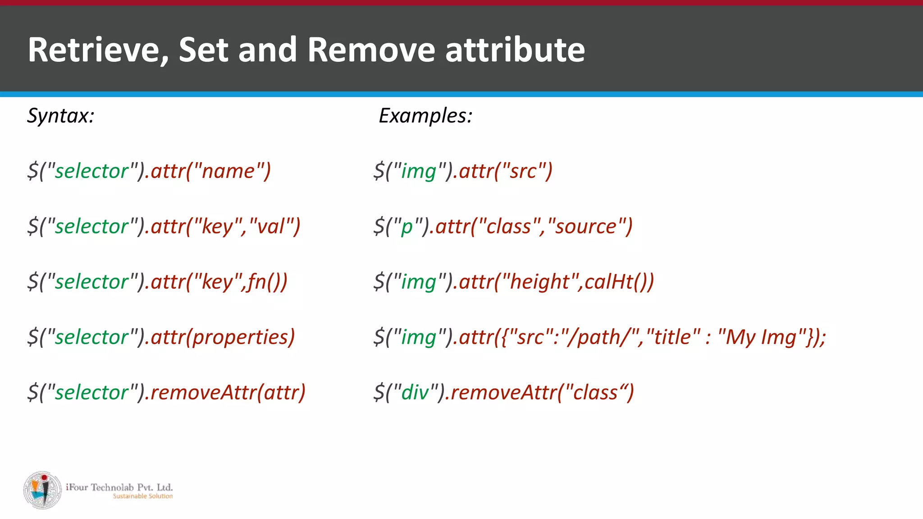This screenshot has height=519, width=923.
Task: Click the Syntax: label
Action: pyautogui.click(x=61, y=116)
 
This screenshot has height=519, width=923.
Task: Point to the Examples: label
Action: pyautogui.click(x=425, y=116)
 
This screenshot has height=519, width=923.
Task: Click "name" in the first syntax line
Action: pyautogui.click(x=228, y=171)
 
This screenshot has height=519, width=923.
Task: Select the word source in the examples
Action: pyautogui.click(x=585, y=226)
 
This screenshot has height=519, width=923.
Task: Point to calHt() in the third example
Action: pyautogui.click(x=615, y=282)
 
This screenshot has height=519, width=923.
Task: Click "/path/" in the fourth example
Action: pyautogui.click(x=602, y=337)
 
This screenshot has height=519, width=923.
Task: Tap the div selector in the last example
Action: pyautogui.click(x=415, y=392)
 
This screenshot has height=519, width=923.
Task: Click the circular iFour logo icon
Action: pyautogui.click(x=42, y=490)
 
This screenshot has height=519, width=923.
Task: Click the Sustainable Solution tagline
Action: pyautogui.click(x=142, y=496)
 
